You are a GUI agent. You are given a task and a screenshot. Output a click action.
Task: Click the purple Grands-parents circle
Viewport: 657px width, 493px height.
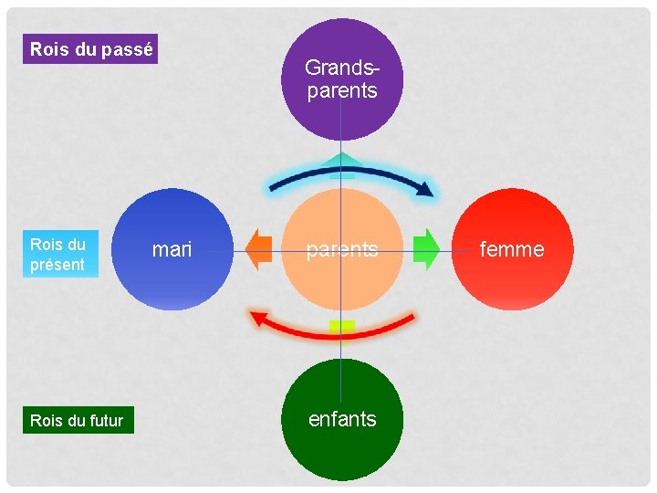341,80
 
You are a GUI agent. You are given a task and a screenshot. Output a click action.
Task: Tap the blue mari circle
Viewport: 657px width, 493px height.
173,249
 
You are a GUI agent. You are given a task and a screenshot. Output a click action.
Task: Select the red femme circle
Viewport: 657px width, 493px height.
513,249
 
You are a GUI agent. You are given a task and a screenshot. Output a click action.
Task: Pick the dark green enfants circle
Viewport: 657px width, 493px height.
342,420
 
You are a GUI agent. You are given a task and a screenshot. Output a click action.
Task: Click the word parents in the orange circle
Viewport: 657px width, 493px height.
341,249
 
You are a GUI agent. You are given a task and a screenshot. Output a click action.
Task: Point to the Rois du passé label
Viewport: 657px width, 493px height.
91,49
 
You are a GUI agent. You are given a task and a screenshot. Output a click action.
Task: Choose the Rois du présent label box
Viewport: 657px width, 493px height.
57,255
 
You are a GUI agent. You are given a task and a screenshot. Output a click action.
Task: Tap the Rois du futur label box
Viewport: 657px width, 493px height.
78,420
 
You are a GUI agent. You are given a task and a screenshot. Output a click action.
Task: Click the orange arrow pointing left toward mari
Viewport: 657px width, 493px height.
260,250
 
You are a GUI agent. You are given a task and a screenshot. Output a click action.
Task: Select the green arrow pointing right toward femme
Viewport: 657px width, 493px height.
425,249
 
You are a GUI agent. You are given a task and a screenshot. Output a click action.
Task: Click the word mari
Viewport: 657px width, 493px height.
172,249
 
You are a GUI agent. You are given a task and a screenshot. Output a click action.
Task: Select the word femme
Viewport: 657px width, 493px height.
512,249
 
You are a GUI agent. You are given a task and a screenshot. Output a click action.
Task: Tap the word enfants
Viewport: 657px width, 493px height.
342,419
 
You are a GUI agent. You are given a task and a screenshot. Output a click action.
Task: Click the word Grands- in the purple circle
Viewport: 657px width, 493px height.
341,68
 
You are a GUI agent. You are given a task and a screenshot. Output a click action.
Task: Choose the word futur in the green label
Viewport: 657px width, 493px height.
108,420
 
